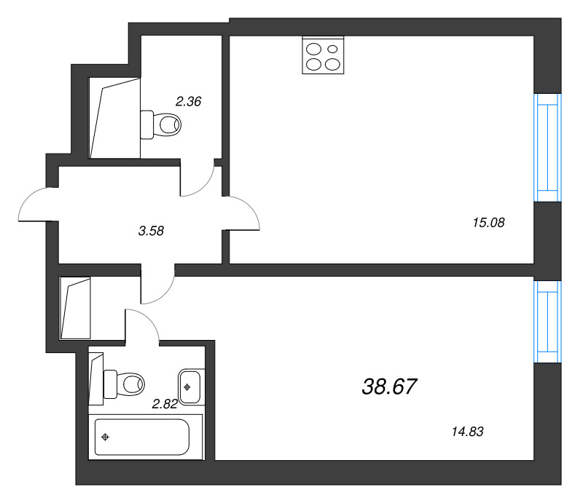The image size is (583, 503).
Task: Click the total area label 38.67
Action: coord(389,387)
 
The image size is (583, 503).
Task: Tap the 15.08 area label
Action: coord(488,223)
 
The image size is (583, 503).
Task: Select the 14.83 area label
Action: coord(467,432)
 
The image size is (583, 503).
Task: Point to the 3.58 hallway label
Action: coord(151,231)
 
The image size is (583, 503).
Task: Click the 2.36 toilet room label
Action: coord(189,101)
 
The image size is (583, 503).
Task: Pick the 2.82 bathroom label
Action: coord(165,404)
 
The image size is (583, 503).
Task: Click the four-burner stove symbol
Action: coord(323,56)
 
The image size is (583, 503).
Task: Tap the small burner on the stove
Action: coord(333,49)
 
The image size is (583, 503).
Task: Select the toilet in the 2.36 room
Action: coord(160,124)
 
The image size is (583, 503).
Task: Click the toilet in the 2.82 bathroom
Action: coord(124,384)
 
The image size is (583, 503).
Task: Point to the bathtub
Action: coord(142,437)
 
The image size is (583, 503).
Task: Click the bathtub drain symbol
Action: coord(105,437)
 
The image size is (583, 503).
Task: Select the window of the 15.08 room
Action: coord(547,148)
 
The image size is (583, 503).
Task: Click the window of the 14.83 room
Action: coord(547,322)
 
